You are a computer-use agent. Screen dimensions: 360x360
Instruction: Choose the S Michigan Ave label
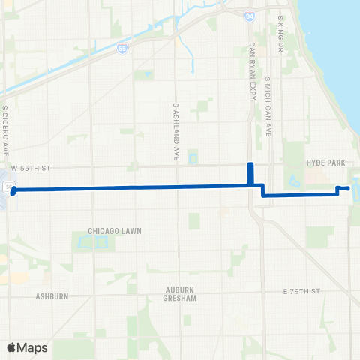268,109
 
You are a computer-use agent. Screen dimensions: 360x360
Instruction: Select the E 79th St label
301,290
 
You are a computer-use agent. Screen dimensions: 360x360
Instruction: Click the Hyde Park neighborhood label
324,162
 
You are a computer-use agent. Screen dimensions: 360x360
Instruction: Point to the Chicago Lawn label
114,230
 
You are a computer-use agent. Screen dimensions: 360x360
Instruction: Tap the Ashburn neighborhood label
52,296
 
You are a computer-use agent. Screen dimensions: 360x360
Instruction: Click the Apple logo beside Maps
11,347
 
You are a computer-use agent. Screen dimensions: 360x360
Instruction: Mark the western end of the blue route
13,190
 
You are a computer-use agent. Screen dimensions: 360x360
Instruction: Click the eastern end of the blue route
349,188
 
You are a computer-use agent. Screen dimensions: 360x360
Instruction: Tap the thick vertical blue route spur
250,173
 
